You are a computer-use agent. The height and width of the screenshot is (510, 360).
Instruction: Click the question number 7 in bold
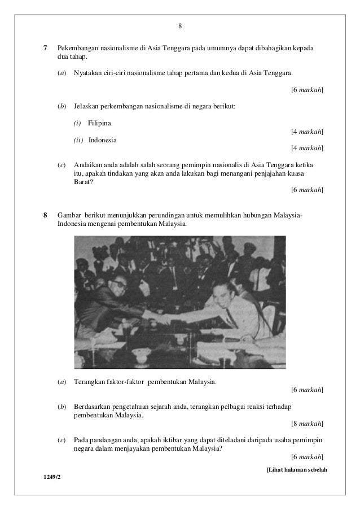pos(45,45)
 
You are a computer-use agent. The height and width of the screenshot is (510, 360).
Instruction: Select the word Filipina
pos(100,123)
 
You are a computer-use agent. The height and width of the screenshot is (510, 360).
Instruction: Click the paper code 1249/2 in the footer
pos(51,478)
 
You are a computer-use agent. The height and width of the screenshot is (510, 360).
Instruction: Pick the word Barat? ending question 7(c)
pos(82,182)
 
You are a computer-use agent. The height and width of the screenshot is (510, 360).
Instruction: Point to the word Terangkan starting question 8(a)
pos(89,382)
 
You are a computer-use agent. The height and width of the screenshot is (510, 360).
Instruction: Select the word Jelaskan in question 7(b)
pos(86,106)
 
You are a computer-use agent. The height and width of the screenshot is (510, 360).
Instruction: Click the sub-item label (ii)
pos(78,140)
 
